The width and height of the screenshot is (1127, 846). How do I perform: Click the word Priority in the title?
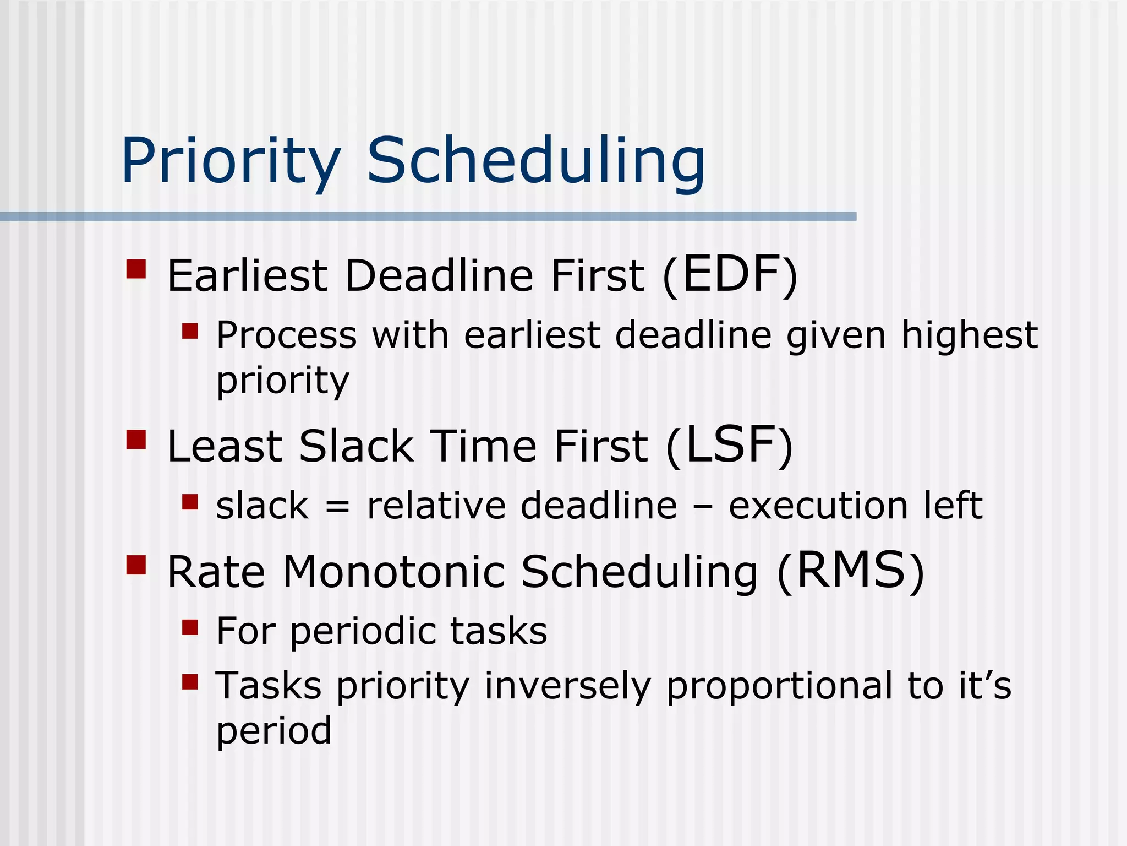tap(231, 161)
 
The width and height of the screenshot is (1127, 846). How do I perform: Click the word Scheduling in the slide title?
tap(535, 161)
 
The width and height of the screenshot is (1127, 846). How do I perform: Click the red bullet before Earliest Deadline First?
tap(136, 269)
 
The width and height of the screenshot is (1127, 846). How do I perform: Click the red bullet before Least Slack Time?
tap(136, 440)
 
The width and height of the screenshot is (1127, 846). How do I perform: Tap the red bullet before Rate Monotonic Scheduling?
tap(136, 565)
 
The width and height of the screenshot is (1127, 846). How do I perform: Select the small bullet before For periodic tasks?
tap(190, 627)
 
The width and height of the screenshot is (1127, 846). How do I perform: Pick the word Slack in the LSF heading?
tap(356, 446)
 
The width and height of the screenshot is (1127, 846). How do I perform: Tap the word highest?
tap(969, 336)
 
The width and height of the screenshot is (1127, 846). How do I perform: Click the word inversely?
tap(567, 687)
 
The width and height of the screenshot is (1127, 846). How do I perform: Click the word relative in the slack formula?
tap(436, 506)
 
